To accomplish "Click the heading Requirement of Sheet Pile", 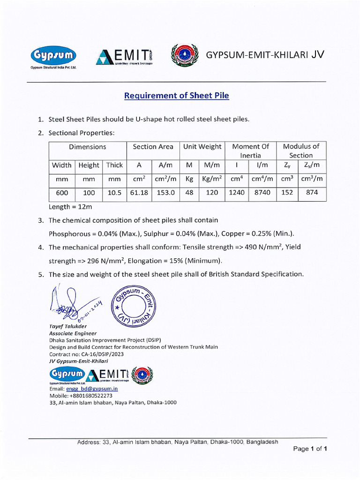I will click(x=176, y=96).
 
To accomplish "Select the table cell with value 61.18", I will click(x=139, y=192).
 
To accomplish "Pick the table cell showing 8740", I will click(x=262, y=192).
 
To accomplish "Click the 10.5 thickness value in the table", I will click(x=114, y=192).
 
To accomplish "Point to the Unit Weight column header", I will click(x=202, y=147).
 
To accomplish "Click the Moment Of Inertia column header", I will click(x=251, y=150).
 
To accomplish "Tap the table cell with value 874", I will click(x=313, y=192).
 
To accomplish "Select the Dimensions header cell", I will click(x=88, y=147).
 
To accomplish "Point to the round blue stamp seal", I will click(x=134, y=307).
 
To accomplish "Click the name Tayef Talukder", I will click(x=68, y=326).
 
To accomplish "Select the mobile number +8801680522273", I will click(x=91, y=396).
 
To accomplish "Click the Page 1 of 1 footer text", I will click(x=310, y=449).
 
